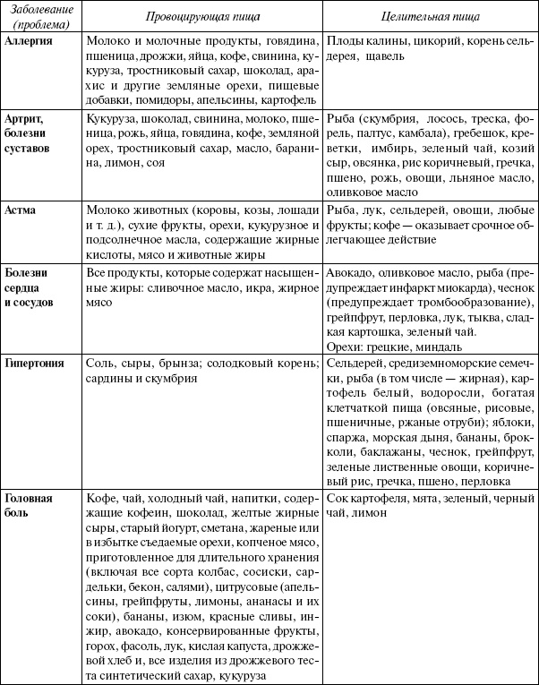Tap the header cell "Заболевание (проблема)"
[42, 17]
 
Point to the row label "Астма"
[22, 208]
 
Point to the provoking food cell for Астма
[202, 229]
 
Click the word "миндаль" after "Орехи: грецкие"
[439, 346]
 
